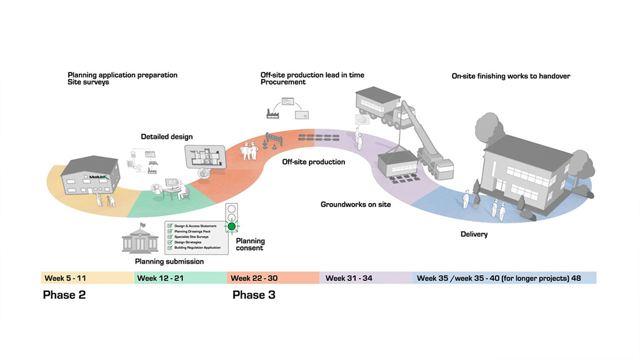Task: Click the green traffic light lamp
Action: tap(232, 226)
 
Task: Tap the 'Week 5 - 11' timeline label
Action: tap(66, 278)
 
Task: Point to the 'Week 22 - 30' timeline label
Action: tap(254, 278)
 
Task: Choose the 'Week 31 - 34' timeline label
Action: tap(349, 278)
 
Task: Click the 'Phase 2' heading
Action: tap(64, 295)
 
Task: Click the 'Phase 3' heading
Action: tap(254, 295)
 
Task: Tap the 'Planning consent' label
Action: tap(250, 244)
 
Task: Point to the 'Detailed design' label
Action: tap(167, 136)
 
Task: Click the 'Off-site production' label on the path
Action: tap(314, 162)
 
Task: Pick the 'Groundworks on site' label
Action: tap(356, 204)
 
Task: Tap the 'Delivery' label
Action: tap(474, 234)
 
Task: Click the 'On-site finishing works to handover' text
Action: tap(511, 76)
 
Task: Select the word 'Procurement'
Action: tap(283, 82)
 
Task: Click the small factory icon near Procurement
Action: tap(272, 112)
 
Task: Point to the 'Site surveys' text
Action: tap(89, 82)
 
